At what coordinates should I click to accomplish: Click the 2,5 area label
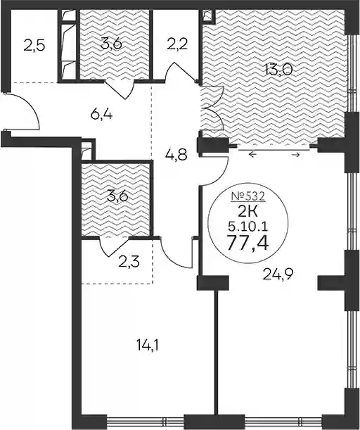[34, 45]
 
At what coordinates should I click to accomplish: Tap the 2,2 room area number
[177, 44]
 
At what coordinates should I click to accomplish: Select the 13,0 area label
[279, 70]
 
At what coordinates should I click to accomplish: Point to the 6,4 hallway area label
[101, 114]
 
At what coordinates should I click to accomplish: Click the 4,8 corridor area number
[176, 156]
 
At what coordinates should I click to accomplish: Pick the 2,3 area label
[129, 262]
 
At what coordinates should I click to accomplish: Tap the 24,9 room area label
[278, 274]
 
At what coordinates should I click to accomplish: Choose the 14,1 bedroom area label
[147, 345]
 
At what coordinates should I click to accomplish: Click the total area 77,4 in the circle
[248, 242]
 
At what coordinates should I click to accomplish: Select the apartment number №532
[248, 196]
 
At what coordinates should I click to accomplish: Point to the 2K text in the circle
[248, 211]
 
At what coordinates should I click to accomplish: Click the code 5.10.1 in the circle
[248, 227]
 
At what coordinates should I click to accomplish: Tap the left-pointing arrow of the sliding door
[252, 155]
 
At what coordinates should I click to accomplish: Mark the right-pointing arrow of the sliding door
[295, 155]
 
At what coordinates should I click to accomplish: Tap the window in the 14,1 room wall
[145, 421]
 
